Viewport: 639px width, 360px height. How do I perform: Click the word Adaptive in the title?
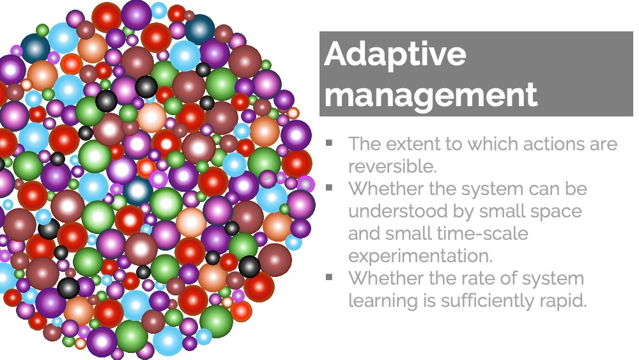(395, 54)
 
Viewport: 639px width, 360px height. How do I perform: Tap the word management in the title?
(431, 95)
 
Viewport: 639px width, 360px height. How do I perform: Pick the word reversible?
(392, 166)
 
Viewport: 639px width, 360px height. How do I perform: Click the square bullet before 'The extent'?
(329, 143)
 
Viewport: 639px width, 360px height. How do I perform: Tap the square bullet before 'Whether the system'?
(329, 187)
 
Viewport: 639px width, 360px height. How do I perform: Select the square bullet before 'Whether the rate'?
(329, 278)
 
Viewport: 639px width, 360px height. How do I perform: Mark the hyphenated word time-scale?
(482, 233)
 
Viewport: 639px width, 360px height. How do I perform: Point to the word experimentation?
(420, 256)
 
